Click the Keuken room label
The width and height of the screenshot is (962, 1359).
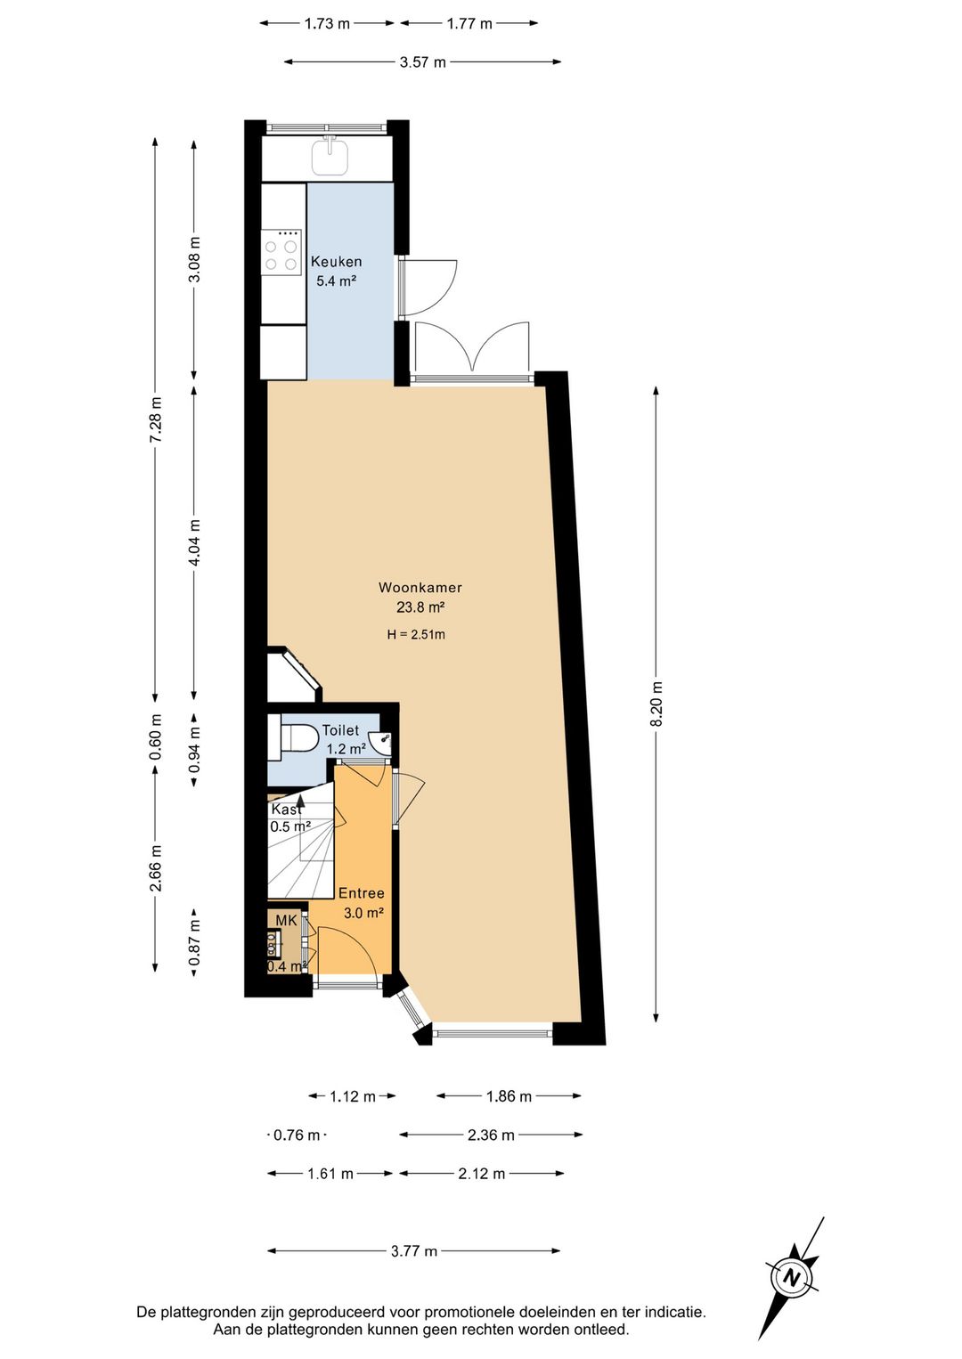(x=336, y=262)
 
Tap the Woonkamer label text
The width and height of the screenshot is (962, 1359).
(x=420, y=587)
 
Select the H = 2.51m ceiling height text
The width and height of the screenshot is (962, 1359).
(x=416, y=635)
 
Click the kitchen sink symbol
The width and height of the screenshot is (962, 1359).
(x=330, y=155)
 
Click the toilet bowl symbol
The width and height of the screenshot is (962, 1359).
(x=300, y=737)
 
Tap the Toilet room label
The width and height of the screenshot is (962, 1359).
(x=340, y=730)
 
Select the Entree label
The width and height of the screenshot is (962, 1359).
(x=361, y=893)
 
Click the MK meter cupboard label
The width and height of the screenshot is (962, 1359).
(x=287, y=920)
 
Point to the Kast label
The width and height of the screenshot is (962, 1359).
(x=286, y=810)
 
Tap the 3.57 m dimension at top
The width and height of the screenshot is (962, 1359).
(x=422, y=61)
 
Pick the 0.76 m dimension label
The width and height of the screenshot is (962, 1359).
(x=297, y=1135)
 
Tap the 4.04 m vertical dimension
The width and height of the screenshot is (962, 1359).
(x=194, y=541)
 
